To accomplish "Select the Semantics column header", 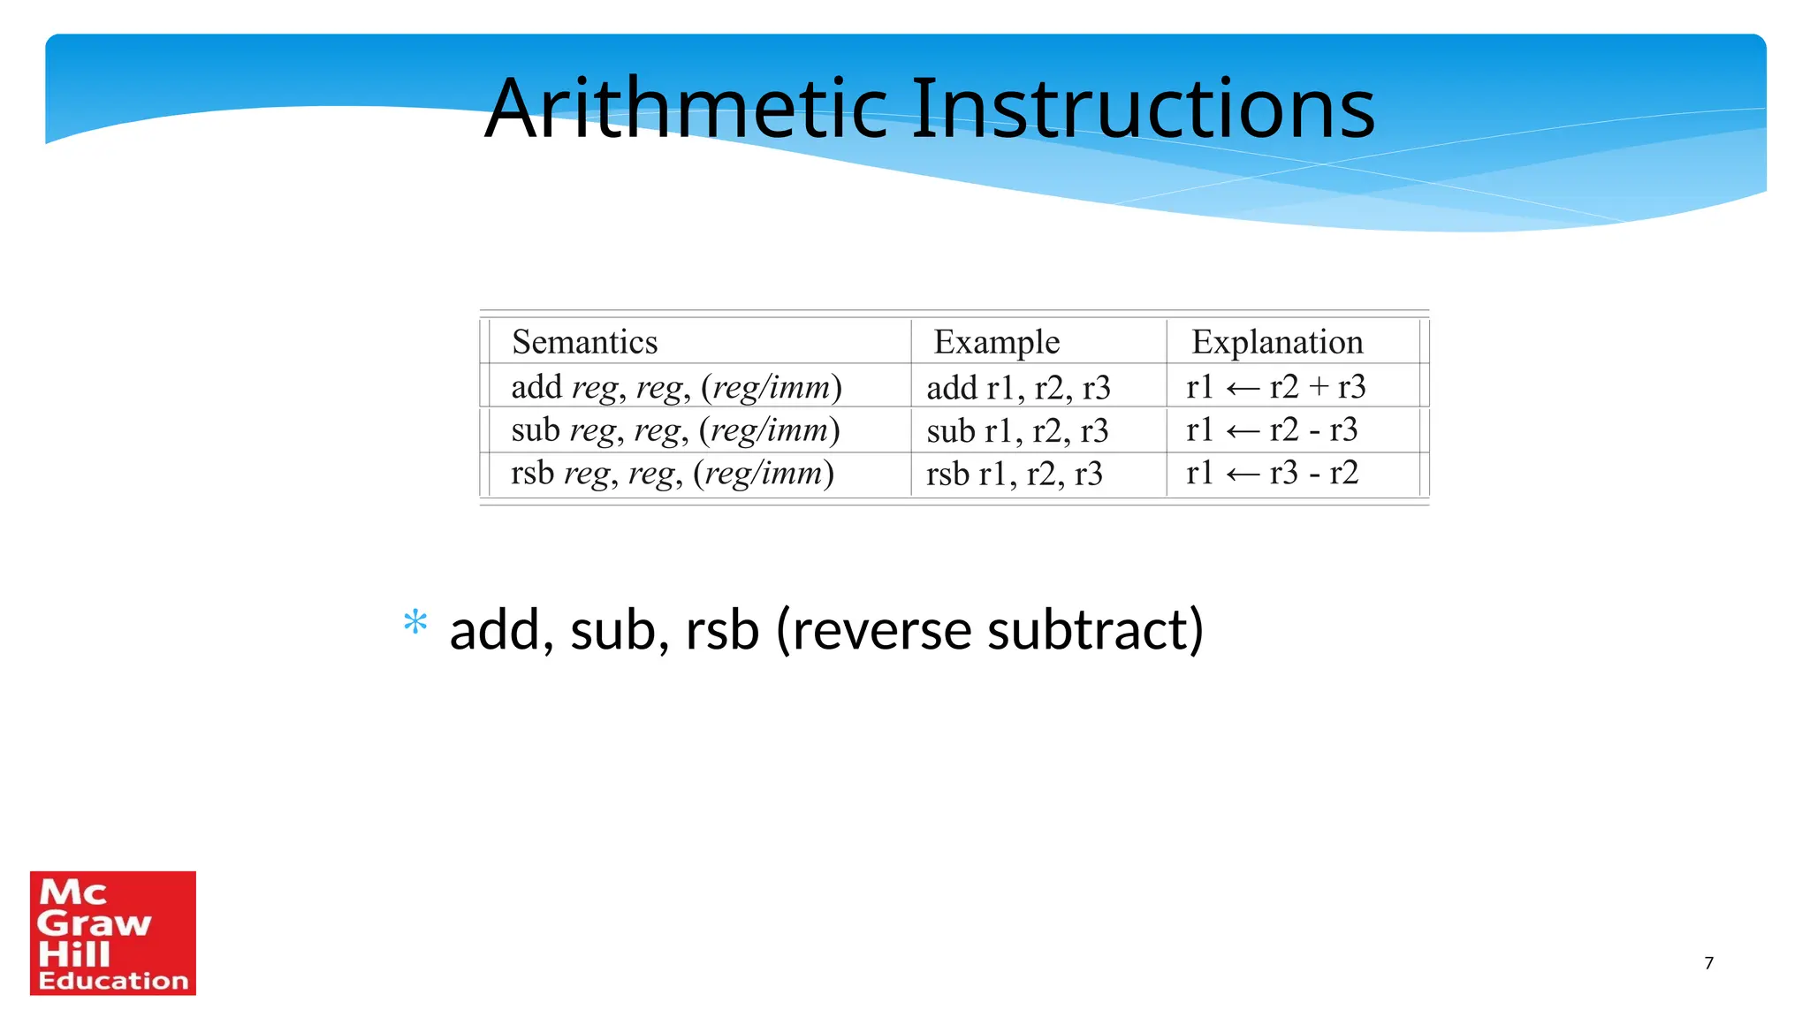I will (x=584, y=342).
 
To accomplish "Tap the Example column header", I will (x=996, y=342).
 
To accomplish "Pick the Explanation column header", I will (x=1277, y=342).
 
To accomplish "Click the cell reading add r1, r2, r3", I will (x=1018, y=387).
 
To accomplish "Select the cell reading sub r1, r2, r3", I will (x=1017, y=430).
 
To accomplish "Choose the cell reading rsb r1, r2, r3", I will (x=1015, y=474).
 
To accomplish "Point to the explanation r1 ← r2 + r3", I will (x=1275, y=386).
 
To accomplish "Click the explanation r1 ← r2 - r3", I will (x=1271, y=429).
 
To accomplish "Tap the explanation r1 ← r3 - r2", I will (x=1271, y=473).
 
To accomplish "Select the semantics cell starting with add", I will (x=676, y=387).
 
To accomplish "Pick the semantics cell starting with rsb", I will (x=672, y=474).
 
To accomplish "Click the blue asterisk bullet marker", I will (x=414, y=623).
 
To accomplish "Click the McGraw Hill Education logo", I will (x=113, y=932).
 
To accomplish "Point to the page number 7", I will (x=1708, y=963).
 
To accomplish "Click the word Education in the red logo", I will (x=113, y=981).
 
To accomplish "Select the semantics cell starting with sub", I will (x=675, y=430).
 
